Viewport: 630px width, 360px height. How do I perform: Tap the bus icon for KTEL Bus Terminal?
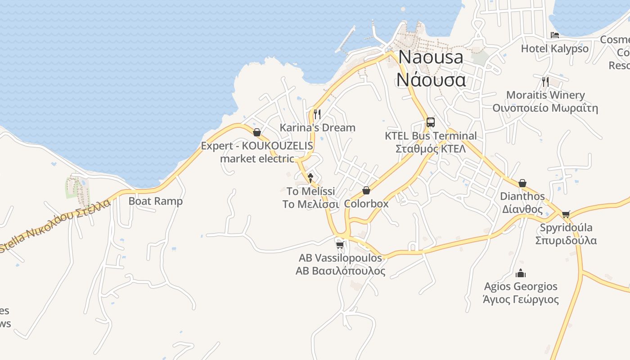(x=431, y=122)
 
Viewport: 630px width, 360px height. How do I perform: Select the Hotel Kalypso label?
(x=554, y=49)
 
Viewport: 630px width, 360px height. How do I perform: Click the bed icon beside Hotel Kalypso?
(x=555, y=35)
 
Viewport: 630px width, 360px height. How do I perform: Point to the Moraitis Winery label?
(x=545, y=101)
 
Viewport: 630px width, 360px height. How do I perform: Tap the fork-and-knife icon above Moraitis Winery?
(x=545, y=81)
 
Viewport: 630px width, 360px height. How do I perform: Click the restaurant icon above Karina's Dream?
(x=317, y=114)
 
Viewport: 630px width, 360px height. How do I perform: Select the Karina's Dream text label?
(x=317, y=128)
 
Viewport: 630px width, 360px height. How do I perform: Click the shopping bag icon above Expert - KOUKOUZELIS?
(x=257, y=132)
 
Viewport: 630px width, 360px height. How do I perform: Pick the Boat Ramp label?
(x=156, y=201)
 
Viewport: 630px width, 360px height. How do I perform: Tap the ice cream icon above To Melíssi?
(x=310, y=178)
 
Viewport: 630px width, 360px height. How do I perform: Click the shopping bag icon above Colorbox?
(x=366, y=190)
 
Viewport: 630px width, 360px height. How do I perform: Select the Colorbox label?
(x=366, y=203)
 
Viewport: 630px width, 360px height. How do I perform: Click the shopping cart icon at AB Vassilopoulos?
(x=340, y=245)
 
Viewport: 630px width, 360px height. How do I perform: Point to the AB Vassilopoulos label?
(x=340, y=264)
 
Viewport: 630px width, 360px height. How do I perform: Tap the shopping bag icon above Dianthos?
(x=522, y=183)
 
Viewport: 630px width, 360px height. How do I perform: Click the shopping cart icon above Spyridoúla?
(x=566, y=214)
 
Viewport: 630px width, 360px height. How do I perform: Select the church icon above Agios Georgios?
(x=521, y=273)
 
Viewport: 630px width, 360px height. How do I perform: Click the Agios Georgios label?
(x=521, y=292)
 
